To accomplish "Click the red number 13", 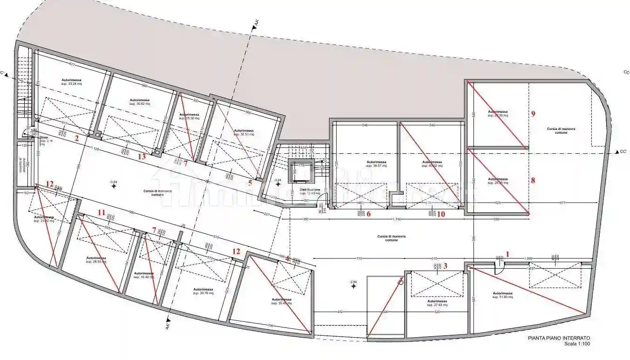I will click(x=142, y=156).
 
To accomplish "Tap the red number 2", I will click(x=77, y=138).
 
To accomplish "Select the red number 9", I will click(x=533, y=113).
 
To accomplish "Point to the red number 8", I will click(x=533, y=180).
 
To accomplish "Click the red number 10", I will click(x=440, y=214).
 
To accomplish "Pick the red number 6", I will click(x=368, y=214).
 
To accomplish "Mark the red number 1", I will click(x=508, y=254).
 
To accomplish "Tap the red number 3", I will click(x=445, y=266).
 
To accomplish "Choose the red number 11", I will click(x=101, y=212).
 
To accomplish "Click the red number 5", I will click(x=250, y=183).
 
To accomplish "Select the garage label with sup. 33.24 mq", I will click(x=72, y=82).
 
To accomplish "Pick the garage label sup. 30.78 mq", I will click(x=203, y=291).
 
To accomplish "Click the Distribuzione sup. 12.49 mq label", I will click(x=310, y=191).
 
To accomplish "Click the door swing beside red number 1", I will click(x=499, y=268).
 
